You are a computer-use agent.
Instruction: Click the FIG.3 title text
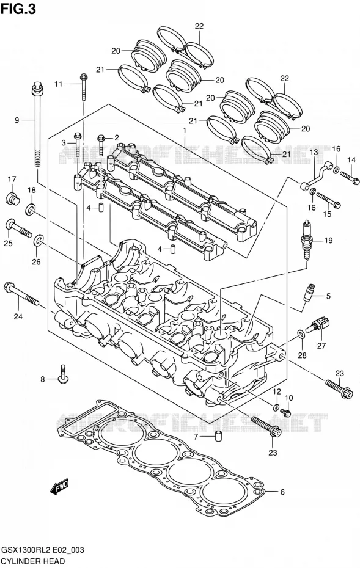(x=18, y=8)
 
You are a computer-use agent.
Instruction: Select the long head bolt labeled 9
(x=37, y=125)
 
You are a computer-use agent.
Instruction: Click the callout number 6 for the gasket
(x=282, y=492)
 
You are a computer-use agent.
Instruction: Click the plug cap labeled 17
(x=12, y=198)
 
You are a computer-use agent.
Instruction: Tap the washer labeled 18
(x=31, y=209)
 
